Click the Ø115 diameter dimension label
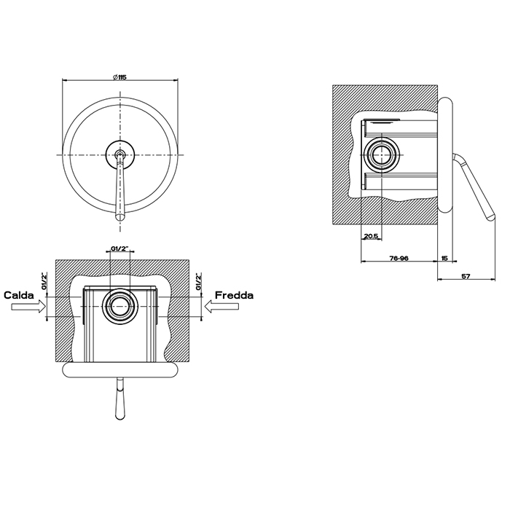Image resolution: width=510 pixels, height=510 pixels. (x=120, y=77)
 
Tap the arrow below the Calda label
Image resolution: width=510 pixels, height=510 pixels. (x=27, y=309)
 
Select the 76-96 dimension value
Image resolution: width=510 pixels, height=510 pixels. (x=399, y=257)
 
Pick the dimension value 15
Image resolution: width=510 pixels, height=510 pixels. (x=444, y=257)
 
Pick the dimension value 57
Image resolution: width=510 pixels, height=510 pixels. (x=466, y=277)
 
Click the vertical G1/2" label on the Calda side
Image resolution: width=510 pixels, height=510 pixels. (x=45, y=282)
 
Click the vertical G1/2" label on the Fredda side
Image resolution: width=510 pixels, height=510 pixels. (x=197, y=282)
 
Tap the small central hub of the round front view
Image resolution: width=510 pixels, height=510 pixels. (x=120, y=154)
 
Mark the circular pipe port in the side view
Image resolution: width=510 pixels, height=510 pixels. (x=382, y=154)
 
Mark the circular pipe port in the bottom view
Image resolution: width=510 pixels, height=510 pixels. (x=120, y=307)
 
